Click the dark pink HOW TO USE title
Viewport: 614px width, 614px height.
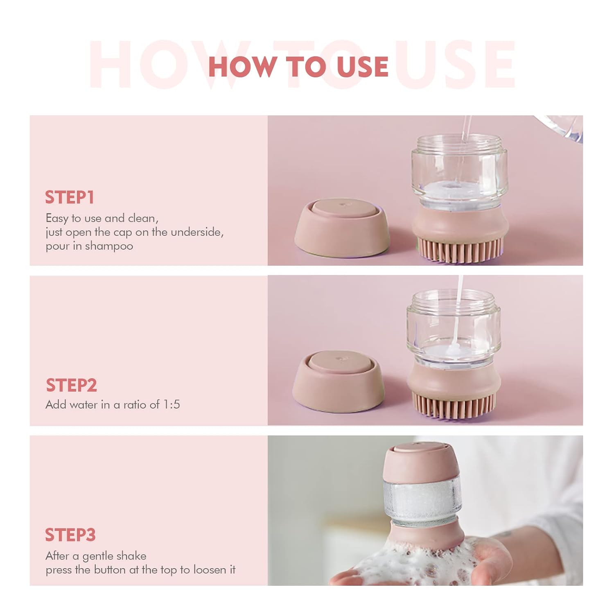point(298,67)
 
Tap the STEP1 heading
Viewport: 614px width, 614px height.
point(70,197)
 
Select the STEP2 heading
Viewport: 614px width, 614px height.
point(71,385)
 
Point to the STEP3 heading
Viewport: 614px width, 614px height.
point(70,535)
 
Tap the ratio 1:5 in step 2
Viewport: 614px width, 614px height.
point(172,404)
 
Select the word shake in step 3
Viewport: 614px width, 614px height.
point(131,556)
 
